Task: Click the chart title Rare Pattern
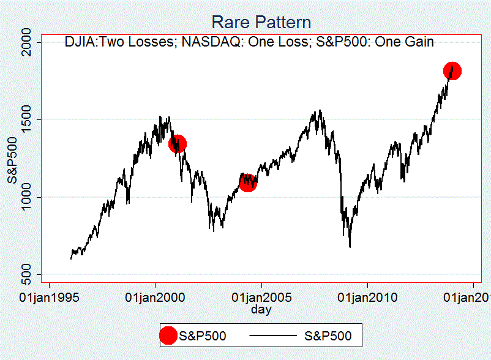261,23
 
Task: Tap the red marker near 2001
177,144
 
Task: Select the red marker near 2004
247,182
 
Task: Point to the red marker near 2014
452,71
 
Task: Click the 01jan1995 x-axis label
49,298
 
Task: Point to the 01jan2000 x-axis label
156,298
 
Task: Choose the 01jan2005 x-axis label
261,298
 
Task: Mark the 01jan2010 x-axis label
367,298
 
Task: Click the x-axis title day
261,309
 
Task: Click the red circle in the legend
168,336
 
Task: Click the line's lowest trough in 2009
350,247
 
